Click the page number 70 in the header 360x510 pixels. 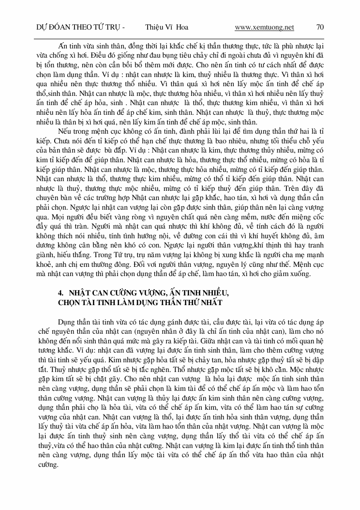pyautogui.click(x=319, y=27)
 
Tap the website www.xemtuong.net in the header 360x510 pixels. pyautogui.click(x=264, y=27)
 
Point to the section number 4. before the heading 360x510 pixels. pyautogui.click(x=61, y=294)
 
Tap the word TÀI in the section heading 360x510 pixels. pyautogui.click(x=90, y=303)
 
